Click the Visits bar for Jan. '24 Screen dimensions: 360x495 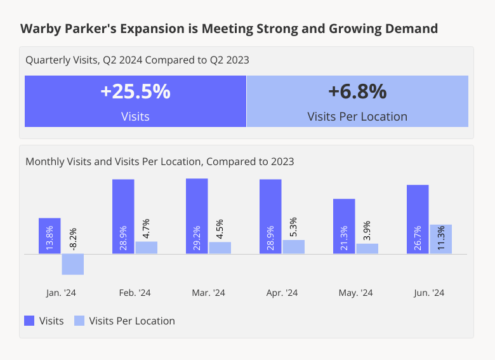pyautogui.click(x=49, y=236)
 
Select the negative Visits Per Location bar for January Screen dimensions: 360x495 pyautogui.click(x=72, y=264)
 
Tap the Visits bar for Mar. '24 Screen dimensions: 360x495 pyautogui.click(x=197, y=216)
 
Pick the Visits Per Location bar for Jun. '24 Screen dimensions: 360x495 pyautogui.click(x=440, y=239)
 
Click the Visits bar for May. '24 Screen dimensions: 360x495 pyautogui.click(x=344, y=226)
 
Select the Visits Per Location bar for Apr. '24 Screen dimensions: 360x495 pyautogui.click(x=293, y=247)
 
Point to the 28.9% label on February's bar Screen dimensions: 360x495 pyautogui.click(x=123, y=237)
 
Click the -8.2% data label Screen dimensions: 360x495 pyautogui.click(x=72, y=239)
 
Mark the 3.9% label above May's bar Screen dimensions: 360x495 pyautogui.click(x=367, y=230)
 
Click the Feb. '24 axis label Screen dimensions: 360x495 pyautogui.click(x=135, y=293)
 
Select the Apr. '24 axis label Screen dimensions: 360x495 pyautogui.click(x=282, y=293)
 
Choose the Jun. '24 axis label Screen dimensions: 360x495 pyautogui.click(x=429, y=293)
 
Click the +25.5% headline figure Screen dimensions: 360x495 pyautogui.click(x=135, y=92)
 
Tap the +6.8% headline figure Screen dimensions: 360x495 pyautogui.click(x=357, y=92)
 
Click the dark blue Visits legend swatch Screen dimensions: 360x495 pyautogui.click(x=29, y=321)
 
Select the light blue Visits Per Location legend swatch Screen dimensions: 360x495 pyautogui.click(x=79, y=321)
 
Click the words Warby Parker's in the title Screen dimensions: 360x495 pyautogui.click(x=60, y=29)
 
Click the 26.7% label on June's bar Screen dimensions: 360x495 pyautogui.click(x=418, y=237)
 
